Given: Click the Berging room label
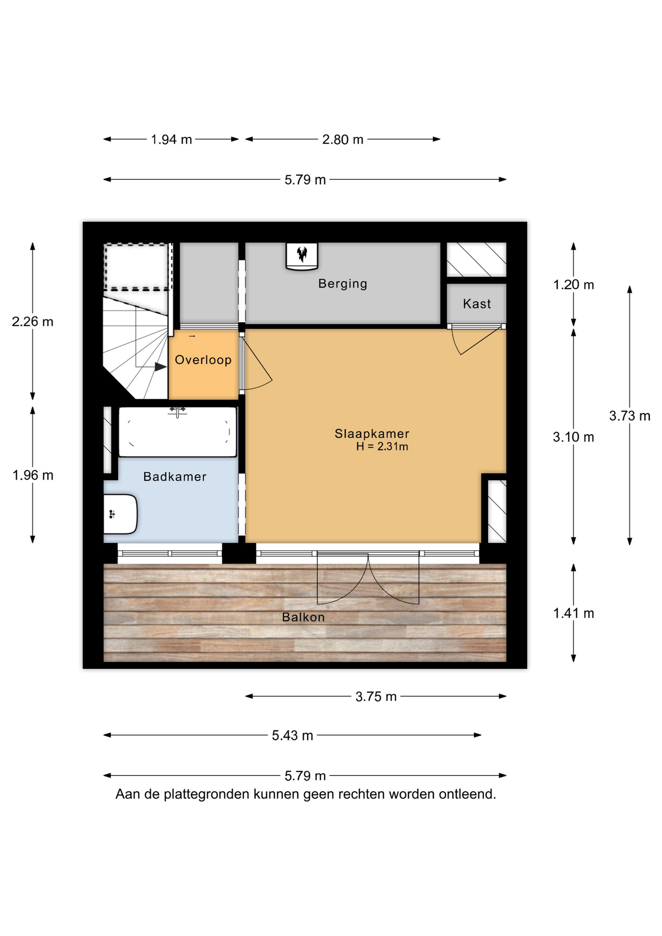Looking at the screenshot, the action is [x=343, y=284].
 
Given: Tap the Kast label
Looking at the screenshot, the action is [x=477, y=304].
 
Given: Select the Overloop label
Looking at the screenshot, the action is [x=203, y=360].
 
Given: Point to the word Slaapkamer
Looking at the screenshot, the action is [x=372, y=433].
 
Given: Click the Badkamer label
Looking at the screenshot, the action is [x=175, y=477].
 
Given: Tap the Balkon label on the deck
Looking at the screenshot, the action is [x=303, y=617].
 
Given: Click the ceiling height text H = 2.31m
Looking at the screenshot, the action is [x=382, y=447].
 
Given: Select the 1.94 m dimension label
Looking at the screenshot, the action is [x=171, y=139].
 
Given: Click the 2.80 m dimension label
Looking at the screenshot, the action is [x=343, y=139].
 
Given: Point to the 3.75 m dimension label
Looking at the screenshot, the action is [x=376, y=697].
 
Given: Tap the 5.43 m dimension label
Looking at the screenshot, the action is [x=292, y=735].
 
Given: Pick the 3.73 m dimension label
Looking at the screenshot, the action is [x=630, y=416].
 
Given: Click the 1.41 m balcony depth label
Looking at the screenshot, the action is [x=574, y=613].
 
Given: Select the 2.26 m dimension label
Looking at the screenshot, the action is [x=33, y=322].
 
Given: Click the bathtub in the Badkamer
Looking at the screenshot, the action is [x=177, y=432].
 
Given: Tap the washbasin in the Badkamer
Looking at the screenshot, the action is [x=120, y=514].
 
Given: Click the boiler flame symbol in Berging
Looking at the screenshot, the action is [x=302, y=254].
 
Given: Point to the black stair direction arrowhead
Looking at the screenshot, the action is [x=160, y=367].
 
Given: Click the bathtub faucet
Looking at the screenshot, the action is [x=177, y=412].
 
